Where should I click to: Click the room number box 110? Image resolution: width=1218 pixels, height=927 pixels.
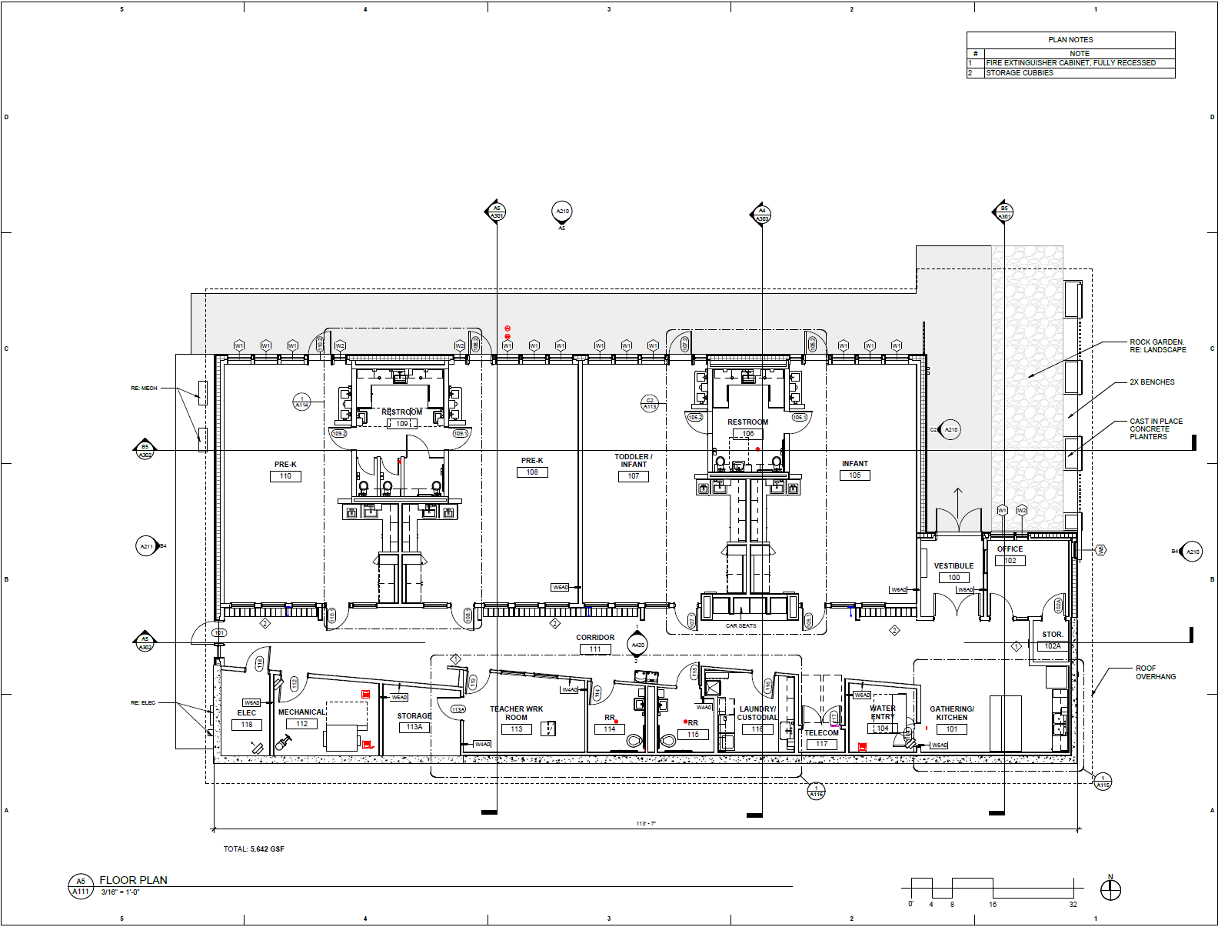[285, 476]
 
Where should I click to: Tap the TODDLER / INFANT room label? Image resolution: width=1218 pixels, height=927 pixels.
[633, 460]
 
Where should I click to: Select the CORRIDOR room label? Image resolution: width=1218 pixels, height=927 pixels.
[595, 638]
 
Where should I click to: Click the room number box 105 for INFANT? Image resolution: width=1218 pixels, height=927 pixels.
[854, 475]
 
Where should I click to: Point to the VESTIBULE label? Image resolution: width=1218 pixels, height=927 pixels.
[953, 566]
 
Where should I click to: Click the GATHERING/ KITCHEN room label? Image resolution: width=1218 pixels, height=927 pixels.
[951, 713]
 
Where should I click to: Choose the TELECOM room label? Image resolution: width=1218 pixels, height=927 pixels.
[821, 733]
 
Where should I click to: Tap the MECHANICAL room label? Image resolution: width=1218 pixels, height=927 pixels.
[301, 712]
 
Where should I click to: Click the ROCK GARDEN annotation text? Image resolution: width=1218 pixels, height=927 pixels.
[1156, 345]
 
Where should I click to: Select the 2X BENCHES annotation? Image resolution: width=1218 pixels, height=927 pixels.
[1151, 382]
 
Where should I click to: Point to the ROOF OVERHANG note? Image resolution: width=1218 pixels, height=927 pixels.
[1155, 672]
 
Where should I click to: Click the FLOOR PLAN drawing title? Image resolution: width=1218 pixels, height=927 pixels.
[133, 880]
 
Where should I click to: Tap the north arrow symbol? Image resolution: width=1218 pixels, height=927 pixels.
[1110, 889]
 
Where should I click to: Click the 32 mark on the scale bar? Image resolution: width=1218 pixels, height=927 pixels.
[1073, 905]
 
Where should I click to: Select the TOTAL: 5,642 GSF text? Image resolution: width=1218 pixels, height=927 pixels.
[254, 849]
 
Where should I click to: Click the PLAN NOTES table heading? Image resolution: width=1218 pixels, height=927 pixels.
[1070, 39]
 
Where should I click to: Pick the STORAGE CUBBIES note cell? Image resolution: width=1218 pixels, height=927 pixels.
[1020, 73]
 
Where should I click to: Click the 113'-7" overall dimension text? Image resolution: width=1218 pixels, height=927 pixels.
[646, 824]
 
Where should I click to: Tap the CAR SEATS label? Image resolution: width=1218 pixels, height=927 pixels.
[740, 626]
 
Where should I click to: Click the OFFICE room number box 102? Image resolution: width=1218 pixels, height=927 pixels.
[1010, 561]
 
